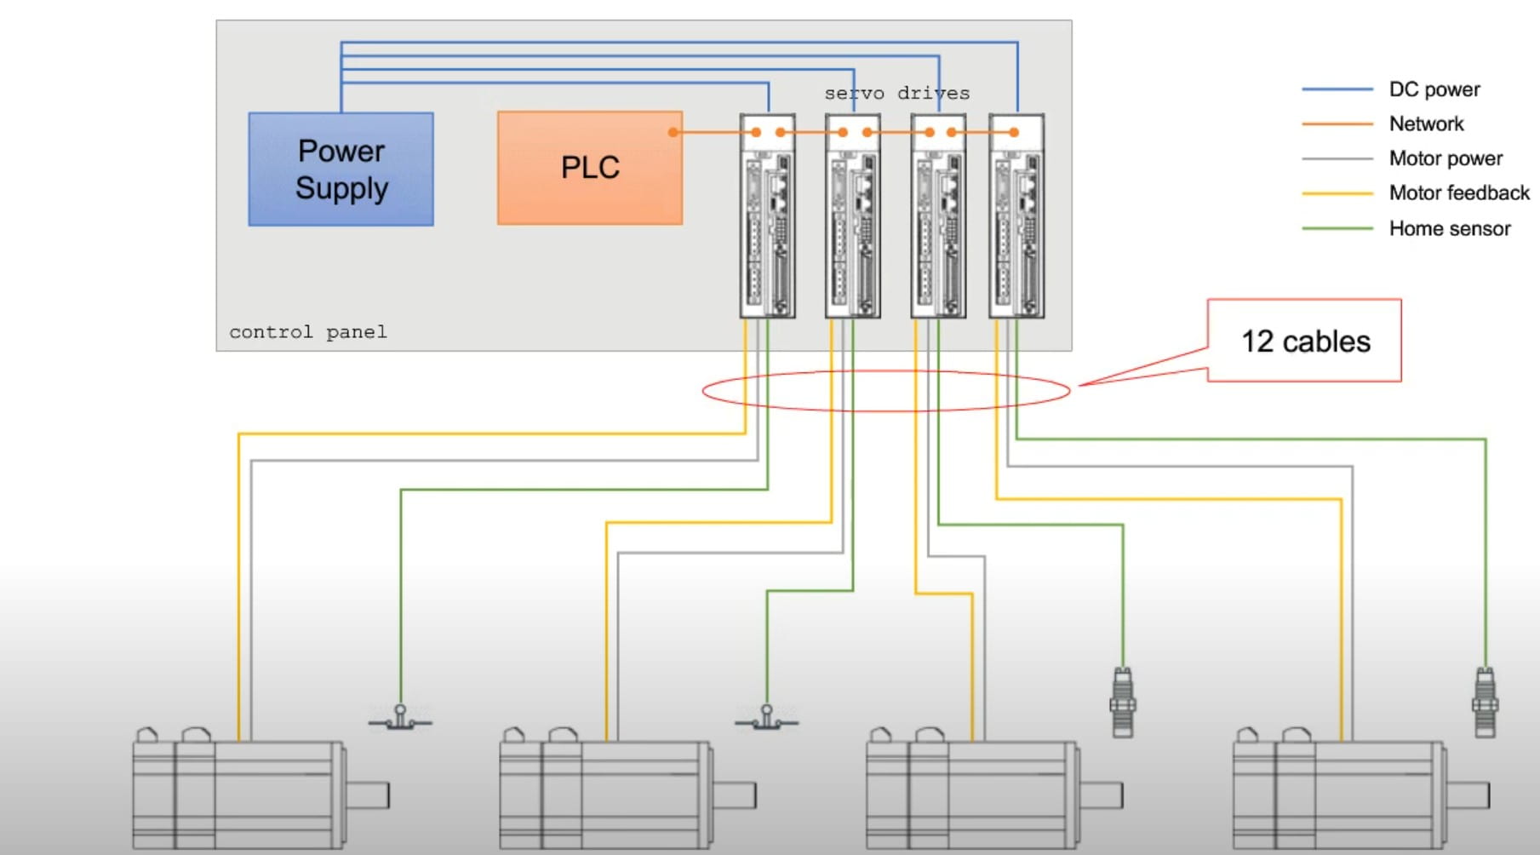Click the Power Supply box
[341, 169]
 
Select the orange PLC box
[589, 168]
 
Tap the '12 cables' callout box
[1304, 341]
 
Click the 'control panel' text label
[307, 332]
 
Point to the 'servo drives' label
[896, 93]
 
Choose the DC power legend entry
[1434, 89]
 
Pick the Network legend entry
[1426, 124]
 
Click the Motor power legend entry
[1446, 158]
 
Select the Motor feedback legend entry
[1458, 193]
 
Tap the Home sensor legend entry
[1449, 228]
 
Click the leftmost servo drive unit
[767, 217]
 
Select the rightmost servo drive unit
[1016, 217]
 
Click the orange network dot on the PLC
[673, 132]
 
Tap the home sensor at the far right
[1485, 703]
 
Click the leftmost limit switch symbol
[399, 719]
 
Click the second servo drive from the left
[852, 217]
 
